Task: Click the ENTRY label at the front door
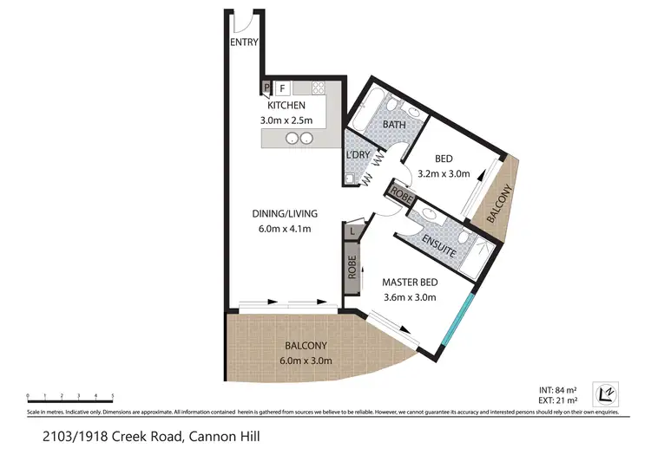click(x=246, y=42)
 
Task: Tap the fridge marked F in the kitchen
click(x=281, y=88)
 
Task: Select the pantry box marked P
click(x=267, y=88)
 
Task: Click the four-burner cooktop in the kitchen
click(x=318, y=88)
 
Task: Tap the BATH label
click(x=394, y=125)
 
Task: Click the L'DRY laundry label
click(x=358, y=154)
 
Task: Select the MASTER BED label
click(x=409, y=282)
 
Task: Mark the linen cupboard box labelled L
click(x=352, y=231)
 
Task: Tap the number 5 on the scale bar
click(x=112, y=394)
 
